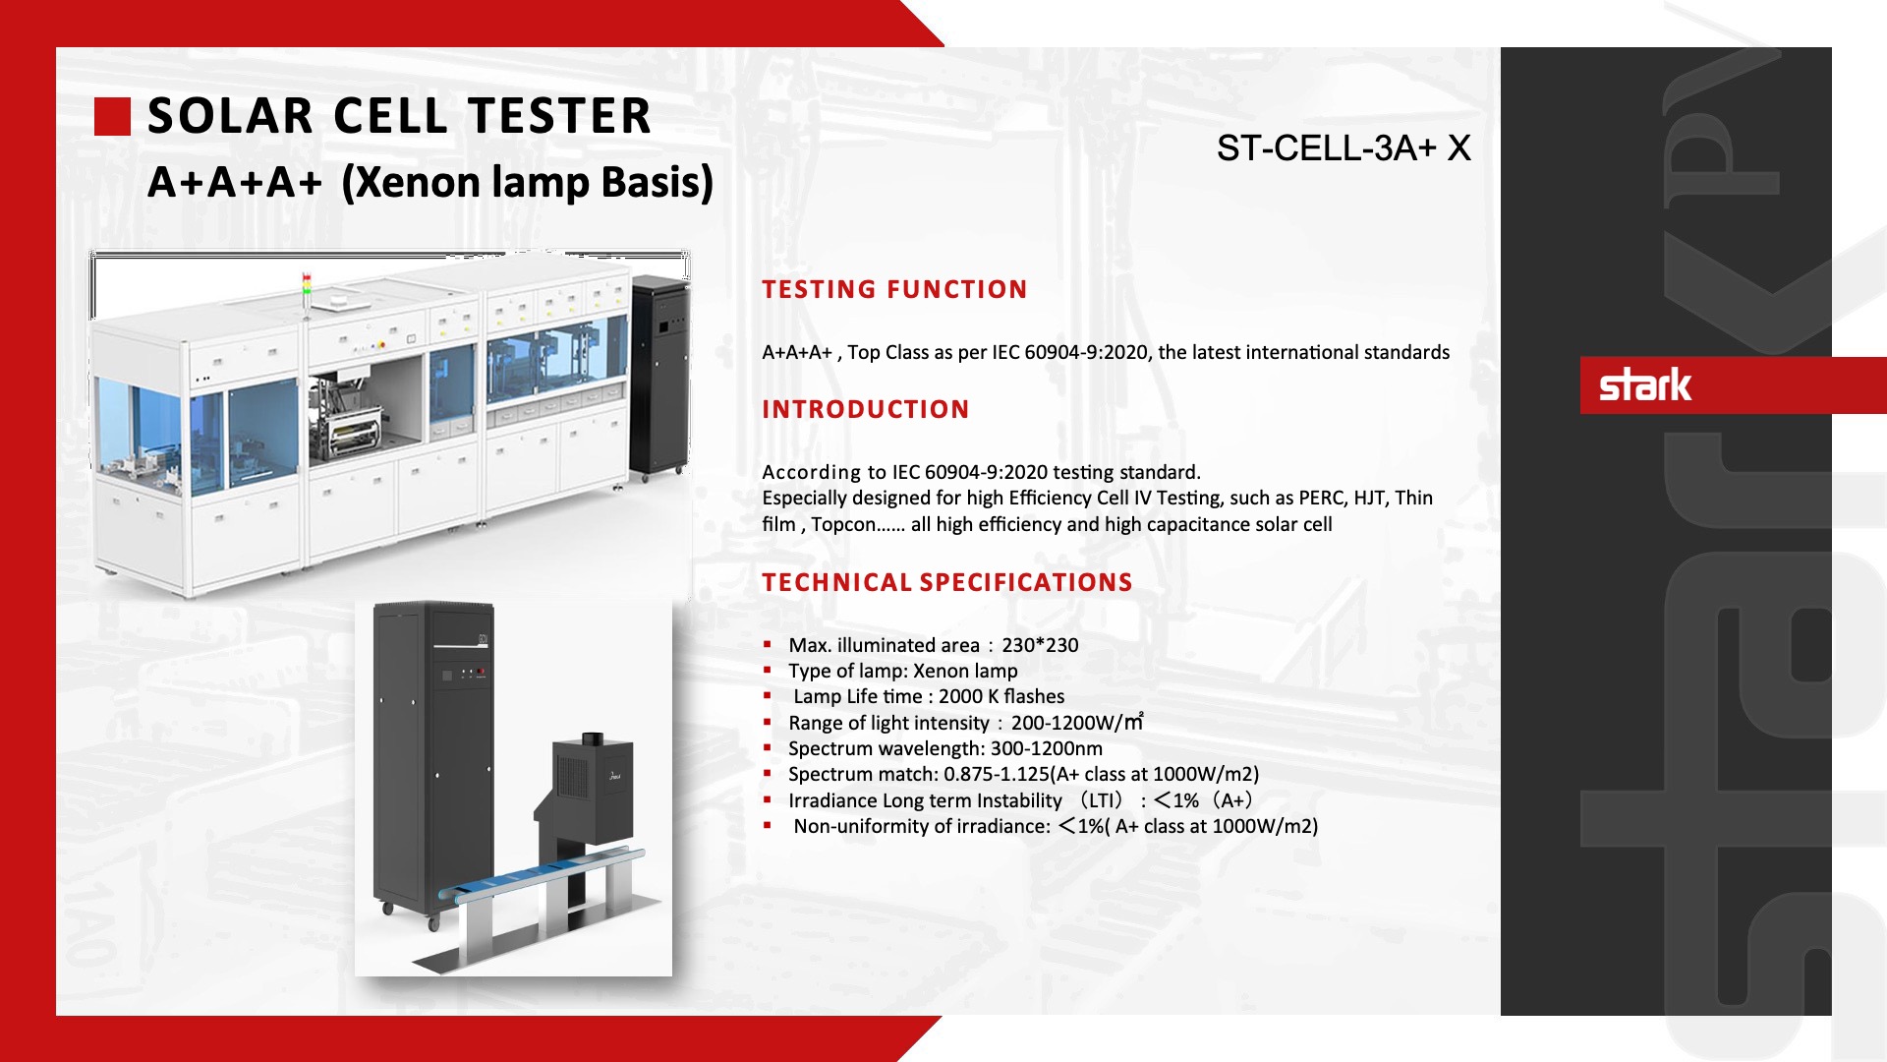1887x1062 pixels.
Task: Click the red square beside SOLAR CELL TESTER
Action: pyautogui.click(x=112, y=116)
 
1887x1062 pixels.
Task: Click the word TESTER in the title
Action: pyautogui.click(x=558, y=116)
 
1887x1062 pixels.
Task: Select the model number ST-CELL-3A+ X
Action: pyautogui.click(x=1344, y=148)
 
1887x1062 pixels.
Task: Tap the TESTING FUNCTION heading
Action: pyautogui.click(x=894, y=289)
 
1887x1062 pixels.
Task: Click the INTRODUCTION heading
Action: pyautogui.click(x=866, y=409)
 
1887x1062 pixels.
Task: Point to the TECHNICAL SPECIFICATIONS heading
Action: pyautogui.click(x=947, y=582)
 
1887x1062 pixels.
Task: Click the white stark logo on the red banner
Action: pyautogui.click(x=1645, y=384)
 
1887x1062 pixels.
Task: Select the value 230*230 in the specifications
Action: pyautogui.click(x=1040, y=645)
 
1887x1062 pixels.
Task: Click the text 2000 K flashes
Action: pyautogui.click(x=1001, y=696)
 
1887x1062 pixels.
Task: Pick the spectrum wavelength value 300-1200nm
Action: pyautogui.click(x=1047, y=748)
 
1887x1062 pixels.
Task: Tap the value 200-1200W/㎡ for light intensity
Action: pyautogui.click(x=1077, y=723)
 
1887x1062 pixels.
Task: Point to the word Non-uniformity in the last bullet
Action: pyautogui.click(x=858, y=826)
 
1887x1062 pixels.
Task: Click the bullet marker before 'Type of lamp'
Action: pyautogui.click(x=768, y=670)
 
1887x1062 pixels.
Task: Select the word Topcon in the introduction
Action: pyautogui.click(x=843, y=525)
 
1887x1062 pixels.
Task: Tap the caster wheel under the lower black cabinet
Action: pyautogui.click(x=433, y=923)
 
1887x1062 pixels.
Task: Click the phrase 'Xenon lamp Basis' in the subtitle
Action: pyautogui.click(x=528, y=183)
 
